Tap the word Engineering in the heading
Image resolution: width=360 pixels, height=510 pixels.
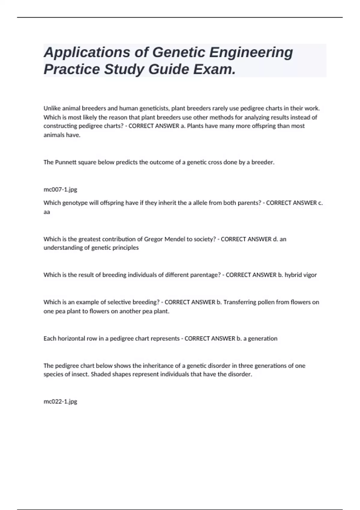pos(251,53)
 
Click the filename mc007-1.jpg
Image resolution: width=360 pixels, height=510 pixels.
pos(60,190)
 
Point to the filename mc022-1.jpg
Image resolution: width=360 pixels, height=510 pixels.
pos(60,401)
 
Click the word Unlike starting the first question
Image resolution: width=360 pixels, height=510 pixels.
pos(52,108)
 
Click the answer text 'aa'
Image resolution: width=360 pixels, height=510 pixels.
pos(47,212)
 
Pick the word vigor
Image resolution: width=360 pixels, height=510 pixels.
pos(309,275)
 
